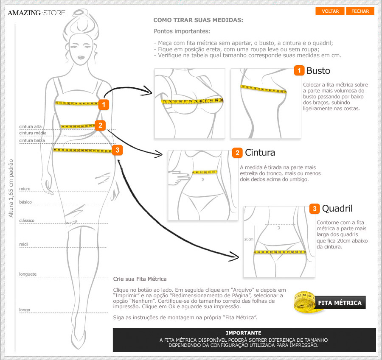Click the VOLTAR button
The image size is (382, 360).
click(330, 11)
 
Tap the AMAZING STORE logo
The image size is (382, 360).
click(37, 13)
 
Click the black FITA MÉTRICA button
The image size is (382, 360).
click(340, 303)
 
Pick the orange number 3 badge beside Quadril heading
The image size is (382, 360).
click(315, 209)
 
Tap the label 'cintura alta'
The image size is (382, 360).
click(30, 126)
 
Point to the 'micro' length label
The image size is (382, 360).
click(25, 189)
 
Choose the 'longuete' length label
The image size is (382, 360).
click(28, 274)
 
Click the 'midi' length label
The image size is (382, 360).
click(23, 244)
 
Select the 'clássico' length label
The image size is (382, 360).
click(27, 220)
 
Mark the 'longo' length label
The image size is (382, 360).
click(24, 310)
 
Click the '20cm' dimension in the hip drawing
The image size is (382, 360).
click(249, 239)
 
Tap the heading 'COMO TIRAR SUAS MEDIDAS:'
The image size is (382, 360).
click(198, 20)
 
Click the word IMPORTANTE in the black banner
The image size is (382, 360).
click(244, 333)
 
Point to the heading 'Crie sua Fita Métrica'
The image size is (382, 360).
click(140, 279)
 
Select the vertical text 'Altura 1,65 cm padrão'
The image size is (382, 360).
click(11, 188)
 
